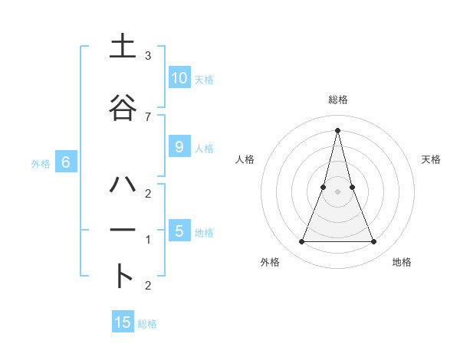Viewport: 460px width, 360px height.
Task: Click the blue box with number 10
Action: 179,78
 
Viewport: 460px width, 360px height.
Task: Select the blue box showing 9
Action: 179,147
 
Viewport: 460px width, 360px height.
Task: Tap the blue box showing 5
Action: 179,231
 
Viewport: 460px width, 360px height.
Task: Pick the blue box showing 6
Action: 66,162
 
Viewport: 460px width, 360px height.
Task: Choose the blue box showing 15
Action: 123,322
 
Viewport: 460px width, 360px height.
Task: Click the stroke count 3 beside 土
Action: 147,56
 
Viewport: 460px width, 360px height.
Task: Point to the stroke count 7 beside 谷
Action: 147,116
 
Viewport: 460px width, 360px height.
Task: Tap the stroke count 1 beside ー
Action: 147,240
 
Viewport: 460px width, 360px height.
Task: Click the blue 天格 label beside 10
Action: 204,80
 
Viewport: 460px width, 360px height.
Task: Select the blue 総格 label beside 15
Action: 147,324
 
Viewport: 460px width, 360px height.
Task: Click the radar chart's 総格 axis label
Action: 338,100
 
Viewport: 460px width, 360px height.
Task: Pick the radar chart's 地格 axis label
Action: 402,263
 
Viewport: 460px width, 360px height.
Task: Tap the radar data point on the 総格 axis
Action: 338,129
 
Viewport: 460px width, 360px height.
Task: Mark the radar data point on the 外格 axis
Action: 302,242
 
